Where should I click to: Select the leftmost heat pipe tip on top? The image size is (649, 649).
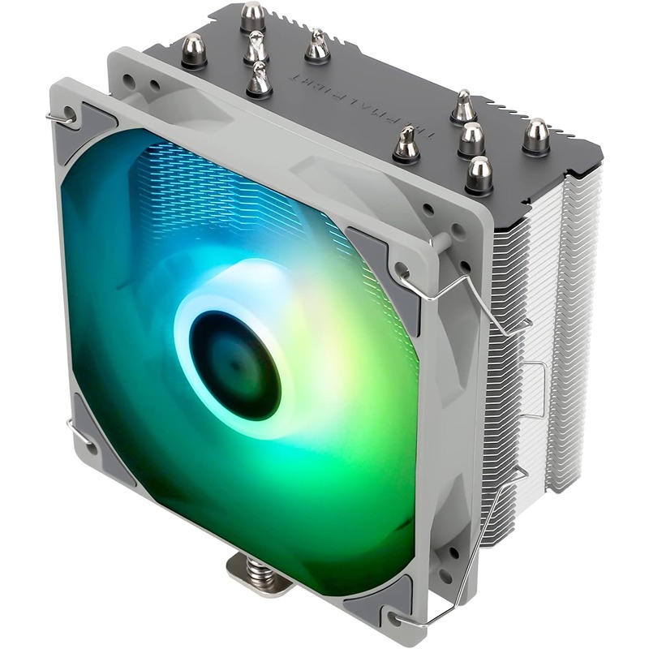coord(195,50)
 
